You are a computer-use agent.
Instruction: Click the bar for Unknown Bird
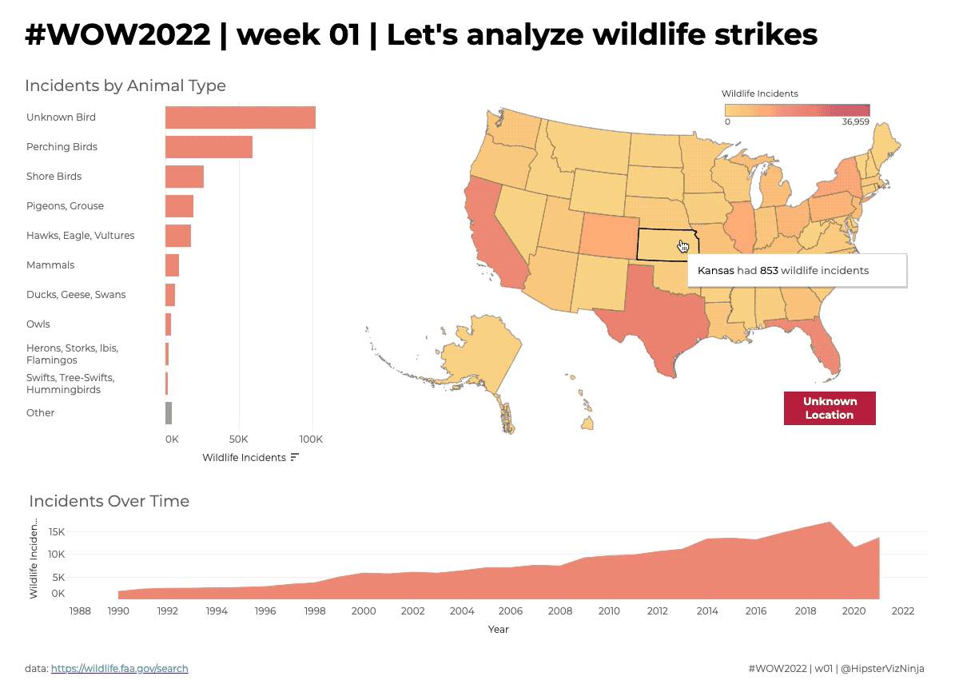pyautogui.click(x=240, y=117)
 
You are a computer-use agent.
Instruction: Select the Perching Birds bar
pyautogui.click(x=209, y=147)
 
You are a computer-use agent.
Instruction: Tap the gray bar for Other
pyautogui.click(x=169, y=413)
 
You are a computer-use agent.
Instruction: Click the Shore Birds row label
pyautogui.click(x=54, y=177)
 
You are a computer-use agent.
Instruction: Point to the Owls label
pyautogui.click(x=38, y=324)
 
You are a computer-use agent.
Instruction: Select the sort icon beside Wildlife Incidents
pyautogui.click(x=295, y=458)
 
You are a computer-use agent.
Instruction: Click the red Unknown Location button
pyautogui.click(x=830, y=408)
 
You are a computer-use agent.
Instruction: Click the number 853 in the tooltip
pyautogui.click(x=769, y=271)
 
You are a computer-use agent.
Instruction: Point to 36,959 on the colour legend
pyautogui.click(x=855, y=122)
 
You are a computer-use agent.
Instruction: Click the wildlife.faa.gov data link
pyautogui.click(x=119, y=668)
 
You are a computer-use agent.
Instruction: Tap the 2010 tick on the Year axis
pyautogui.click(x=609, y=611)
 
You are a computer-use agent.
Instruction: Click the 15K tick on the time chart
pyautogui.click(x=56, y=532)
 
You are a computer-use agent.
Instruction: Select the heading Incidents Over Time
pyautogui.click(x=109, y=502)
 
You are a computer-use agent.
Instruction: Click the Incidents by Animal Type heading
pyautogui.click(x=125, y=86)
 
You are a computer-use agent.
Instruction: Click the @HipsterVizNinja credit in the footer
pyautogui.click(x=883, y=668)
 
